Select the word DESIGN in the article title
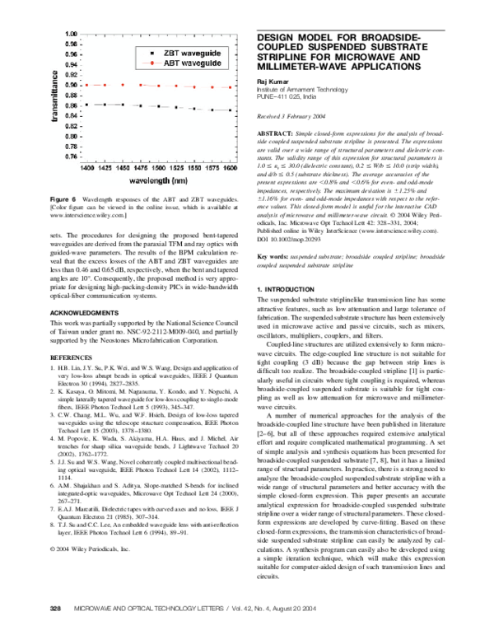point(282,39)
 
